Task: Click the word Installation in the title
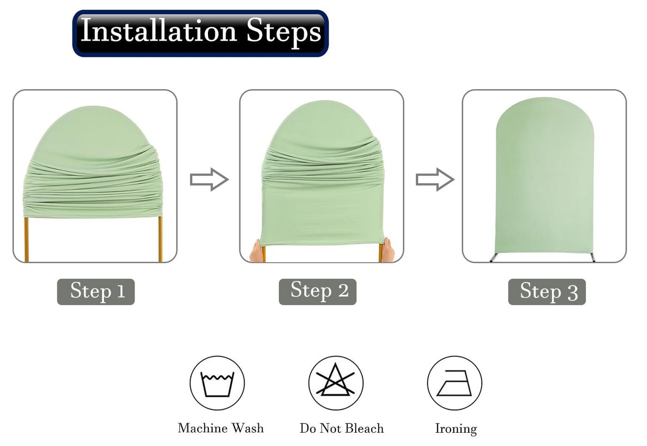point(159,30)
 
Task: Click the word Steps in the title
point(283,32)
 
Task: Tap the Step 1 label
point(97,292)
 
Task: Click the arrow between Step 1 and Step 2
point(209,179)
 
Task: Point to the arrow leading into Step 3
point(435,179)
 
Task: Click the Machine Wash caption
point(221,428)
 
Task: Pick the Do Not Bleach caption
point(342,428)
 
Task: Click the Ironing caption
point(456,429)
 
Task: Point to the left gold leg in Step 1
point(26,240)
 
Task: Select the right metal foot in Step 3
point(592,257)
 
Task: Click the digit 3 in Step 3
point(573,293)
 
